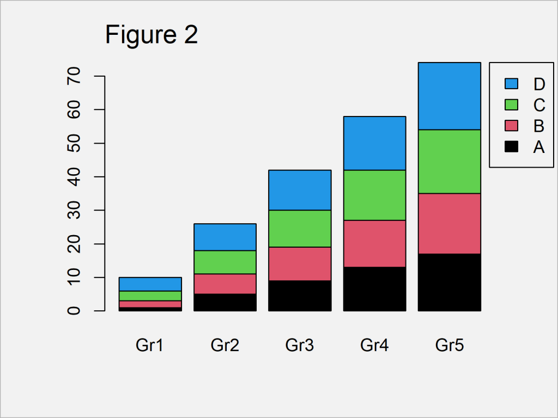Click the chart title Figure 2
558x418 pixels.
(x=151, y=35)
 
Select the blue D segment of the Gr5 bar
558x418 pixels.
(x=450, y=96)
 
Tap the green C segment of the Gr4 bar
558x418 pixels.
(x=375, y=195)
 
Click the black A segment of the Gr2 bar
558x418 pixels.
(x=225, y=302)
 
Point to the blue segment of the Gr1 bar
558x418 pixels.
(x=150, y=284)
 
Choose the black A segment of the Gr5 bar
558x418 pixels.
(x=450, y=282)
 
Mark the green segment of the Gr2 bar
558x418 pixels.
(x=225, y=262)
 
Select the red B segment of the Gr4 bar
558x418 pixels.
(x=375, y=243)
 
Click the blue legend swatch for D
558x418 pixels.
(x=512, y=84)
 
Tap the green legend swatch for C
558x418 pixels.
(x=512, y=104)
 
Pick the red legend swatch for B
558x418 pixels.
(x=512, y=126)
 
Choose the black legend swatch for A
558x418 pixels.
(x=512, y=146)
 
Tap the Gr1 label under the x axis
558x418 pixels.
(x=150, y=345)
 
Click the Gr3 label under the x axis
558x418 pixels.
(x=300, y=345)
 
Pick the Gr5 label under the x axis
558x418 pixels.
(x=450, y=345)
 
